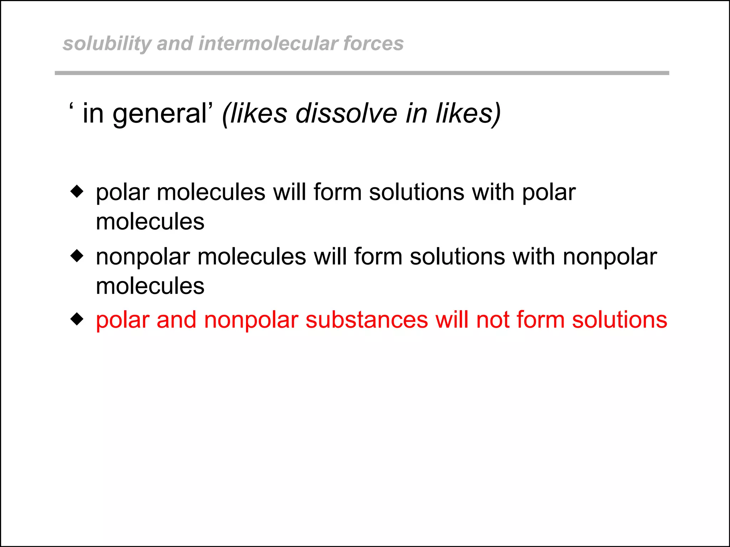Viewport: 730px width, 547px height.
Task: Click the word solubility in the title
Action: point(107,44)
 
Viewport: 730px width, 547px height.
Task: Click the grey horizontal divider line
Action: point(361,73)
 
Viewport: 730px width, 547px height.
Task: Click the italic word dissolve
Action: point(346,114)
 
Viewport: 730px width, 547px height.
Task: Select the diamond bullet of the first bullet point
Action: point(77,191)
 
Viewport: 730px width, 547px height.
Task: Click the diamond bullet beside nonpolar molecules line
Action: point(77,256)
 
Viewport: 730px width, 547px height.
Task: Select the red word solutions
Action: point(619,319)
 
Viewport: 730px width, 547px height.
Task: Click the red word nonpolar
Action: point(251,319)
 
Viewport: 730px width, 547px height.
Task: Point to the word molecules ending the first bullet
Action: point(150,222)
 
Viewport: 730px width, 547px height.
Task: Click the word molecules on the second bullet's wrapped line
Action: point(150,286)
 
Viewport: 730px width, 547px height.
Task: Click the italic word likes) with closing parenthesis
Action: point(468,114)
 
